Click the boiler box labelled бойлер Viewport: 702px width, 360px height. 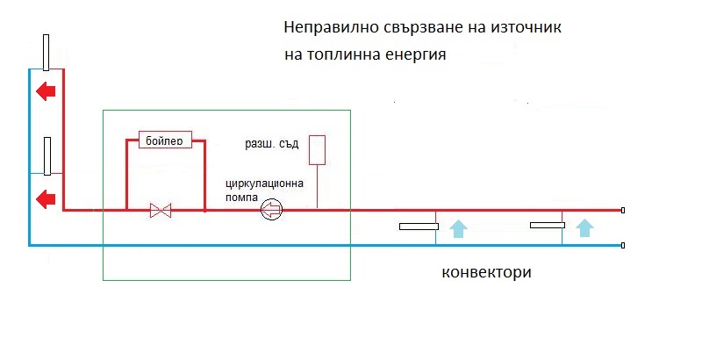point(166,140)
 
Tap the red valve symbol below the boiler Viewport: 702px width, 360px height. point(161,211)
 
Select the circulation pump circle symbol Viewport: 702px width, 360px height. point(271,209)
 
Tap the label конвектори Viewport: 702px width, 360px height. point(487,271)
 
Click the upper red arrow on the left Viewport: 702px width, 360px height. point(45,90)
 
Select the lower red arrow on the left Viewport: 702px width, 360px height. point(45,199)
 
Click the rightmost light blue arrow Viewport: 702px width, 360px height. point(584,228)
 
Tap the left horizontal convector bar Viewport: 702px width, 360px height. point(419,227)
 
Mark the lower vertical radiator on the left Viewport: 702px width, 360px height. point(47,155)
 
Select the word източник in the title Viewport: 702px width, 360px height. point(525,28)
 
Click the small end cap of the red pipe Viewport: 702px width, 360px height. point(623,211)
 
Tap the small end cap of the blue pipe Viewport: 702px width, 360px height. point(623,246)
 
